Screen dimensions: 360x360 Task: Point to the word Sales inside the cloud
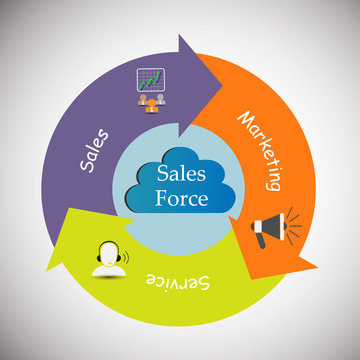tap(181, 173)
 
